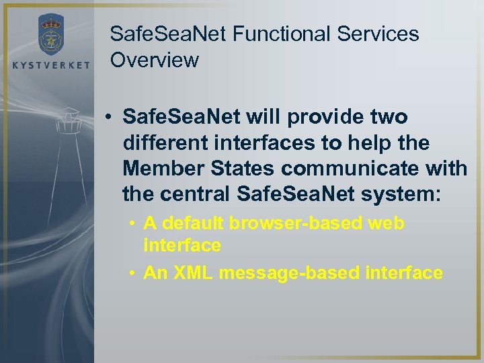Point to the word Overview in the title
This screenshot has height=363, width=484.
pos(155,61)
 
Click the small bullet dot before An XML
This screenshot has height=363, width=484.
pos(133,273)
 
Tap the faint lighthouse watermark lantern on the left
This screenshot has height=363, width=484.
pos(67,124)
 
